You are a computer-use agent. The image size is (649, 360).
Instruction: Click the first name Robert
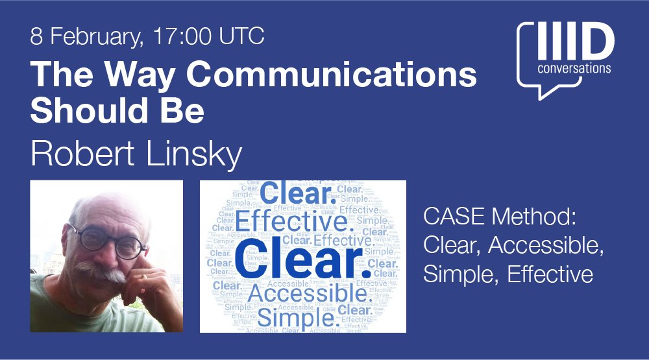coord(79,154)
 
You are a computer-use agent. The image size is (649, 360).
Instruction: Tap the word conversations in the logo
coord(574,68)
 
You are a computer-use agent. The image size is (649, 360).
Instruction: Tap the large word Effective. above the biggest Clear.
coord(291,222)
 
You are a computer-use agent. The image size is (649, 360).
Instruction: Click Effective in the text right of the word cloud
coord(550,274)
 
